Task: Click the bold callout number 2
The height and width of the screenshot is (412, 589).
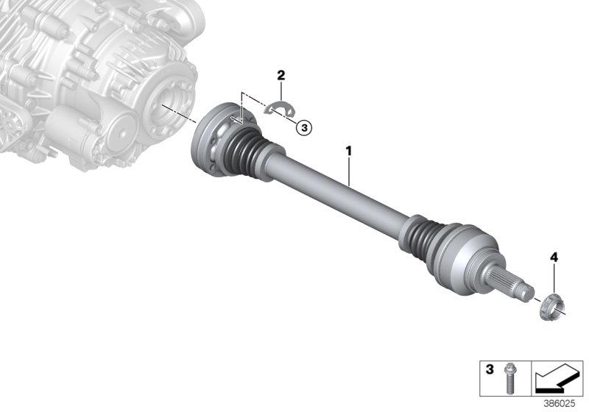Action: coord(281,75)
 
